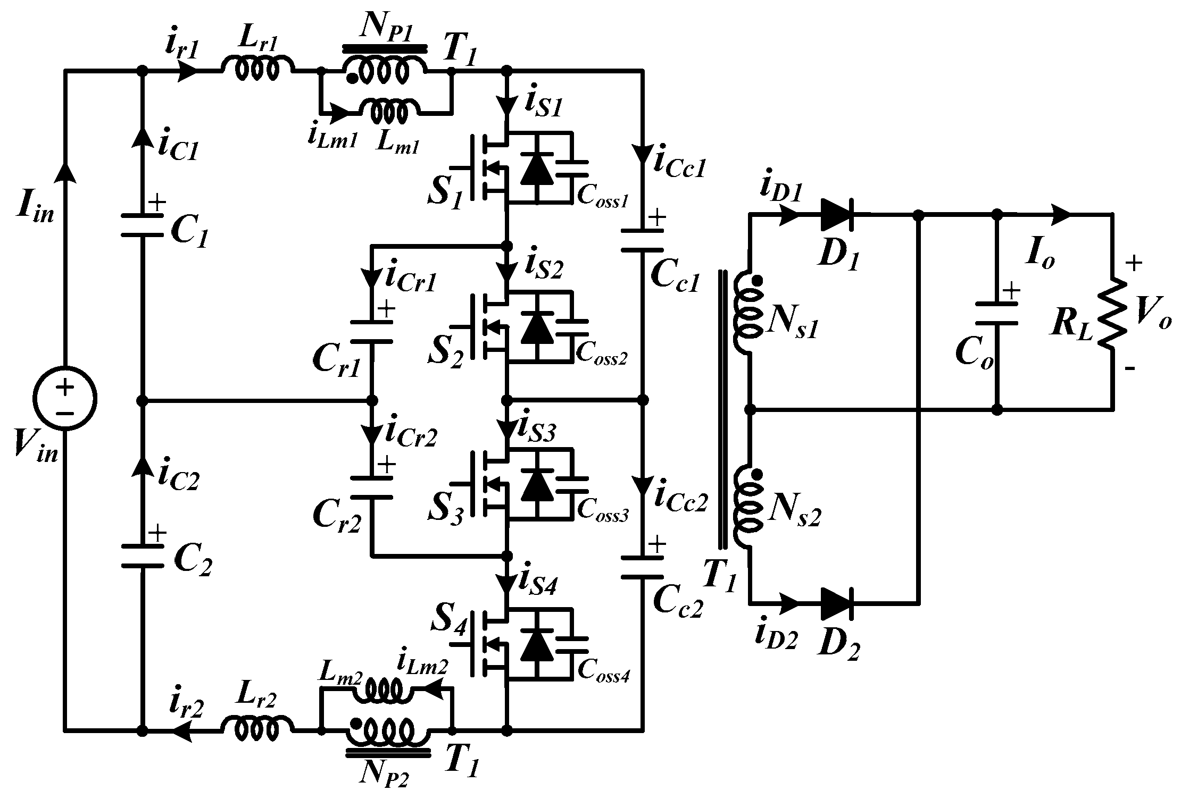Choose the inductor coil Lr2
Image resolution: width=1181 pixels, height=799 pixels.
(x=257, y=729)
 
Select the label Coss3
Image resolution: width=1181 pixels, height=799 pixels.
(x=603, y=514)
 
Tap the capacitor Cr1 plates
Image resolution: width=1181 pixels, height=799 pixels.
(x=372, y=331)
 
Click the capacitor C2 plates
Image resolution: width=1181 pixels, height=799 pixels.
(x=142, y=556)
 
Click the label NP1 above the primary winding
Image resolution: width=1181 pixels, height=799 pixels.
(x=384, y=27)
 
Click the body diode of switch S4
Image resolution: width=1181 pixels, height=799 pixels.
(x=537, y=646)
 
